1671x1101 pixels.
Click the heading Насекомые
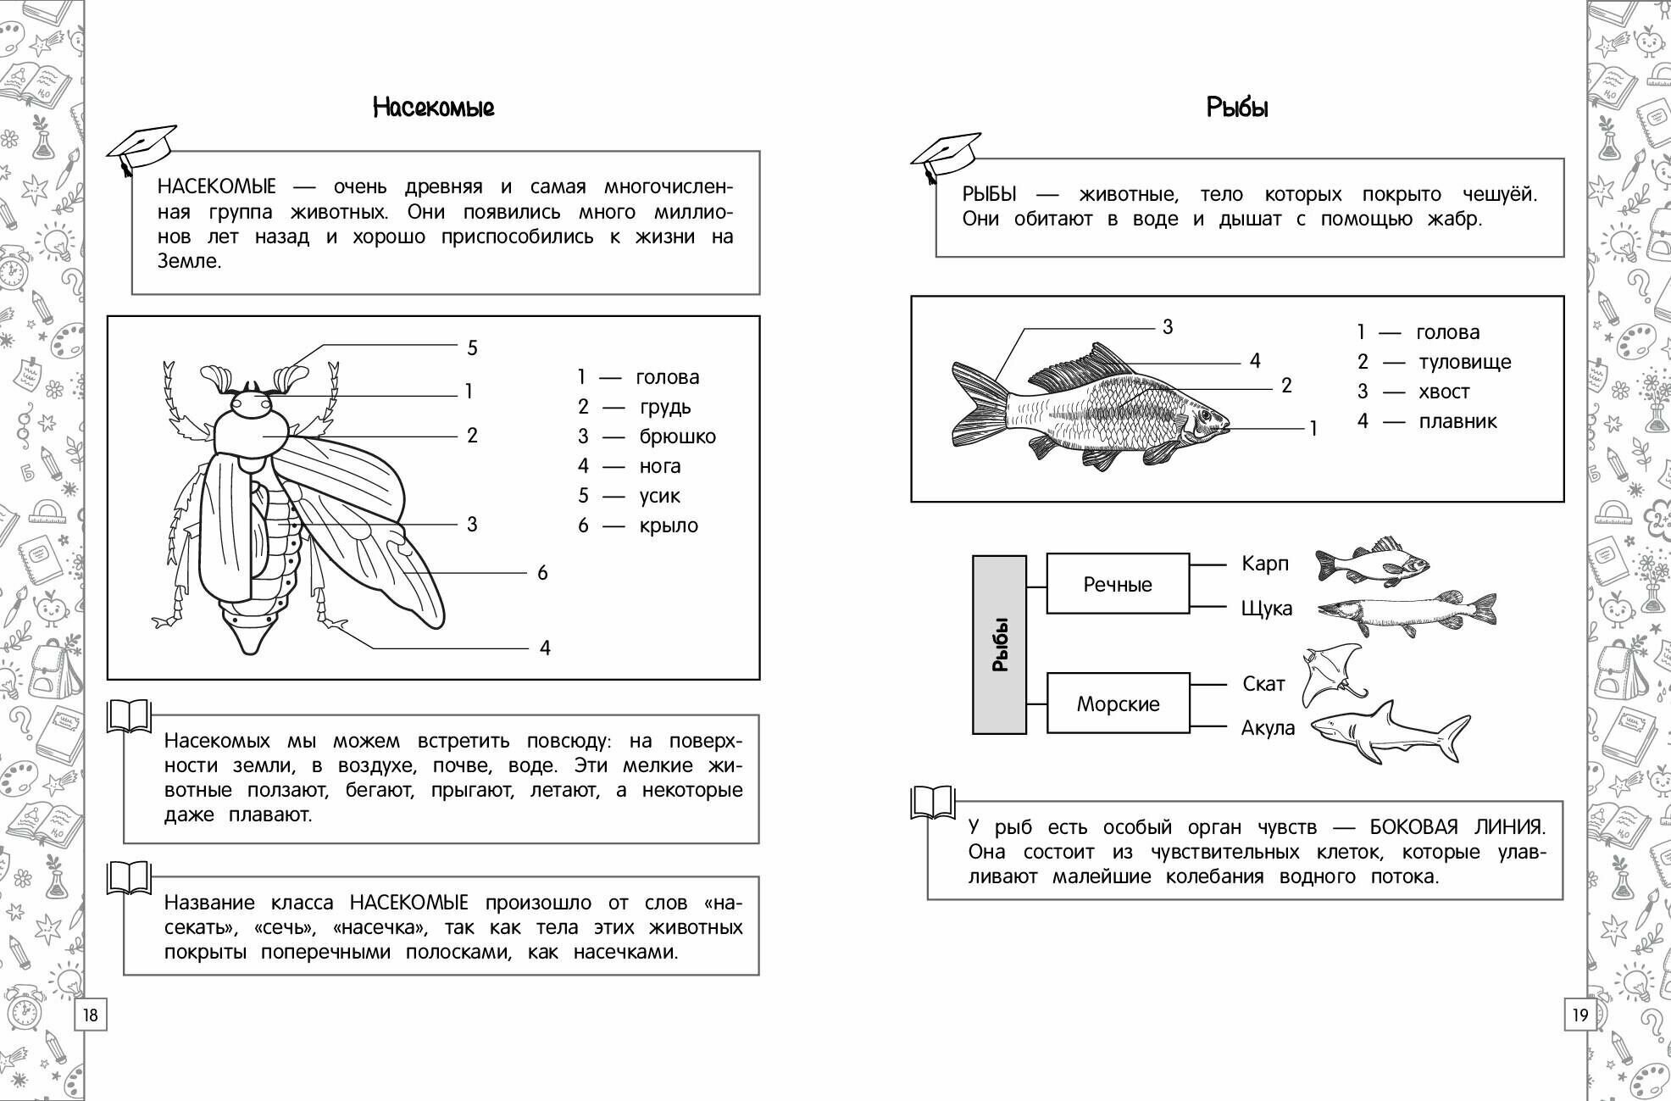click(x=433, y=108)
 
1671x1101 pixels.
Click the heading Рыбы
click(x=1237, y=108)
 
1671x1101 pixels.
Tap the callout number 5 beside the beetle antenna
click(x=472, y=348)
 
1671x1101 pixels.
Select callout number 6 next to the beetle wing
click(x=542, y=573)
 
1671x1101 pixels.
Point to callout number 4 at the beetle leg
click(x=545, y=648)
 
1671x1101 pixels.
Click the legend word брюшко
click(x=677, y=437)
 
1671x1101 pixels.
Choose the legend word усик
click(x=659, y=496)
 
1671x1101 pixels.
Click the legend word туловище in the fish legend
click(x=1464, y=362)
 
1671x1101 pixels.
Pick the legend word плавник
click(x=1457, y=421)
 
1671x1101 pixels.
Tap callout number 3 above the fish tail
click(x=1168, y=327)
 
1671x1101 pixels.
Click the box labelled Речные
click(x=1118, y=584)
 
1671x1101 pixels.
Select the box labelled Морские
click(x=1118, y=703)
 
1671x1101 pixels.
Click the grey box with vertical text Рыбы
click(x=999, y=644)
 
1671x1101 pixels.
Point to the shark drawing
click(x=1390, y=731)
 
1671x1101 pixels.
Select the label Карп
click(x=1264, y=564)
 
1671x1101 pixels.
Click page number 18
click(x=91, y=1015)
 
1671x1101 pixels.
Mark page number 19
click(x=1579, y=1015)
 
